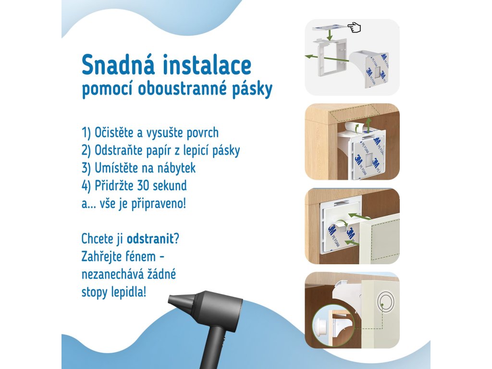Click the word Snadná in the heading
118,65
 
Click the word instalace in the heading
207,65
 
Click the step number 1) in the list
86,133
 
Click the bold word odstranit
150,239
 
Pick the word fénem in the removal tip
140,257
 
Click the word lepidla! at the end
129,293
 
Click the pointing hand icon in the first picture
354,27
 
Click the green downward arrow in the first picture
329,33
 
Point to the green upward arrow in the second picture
369,124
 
